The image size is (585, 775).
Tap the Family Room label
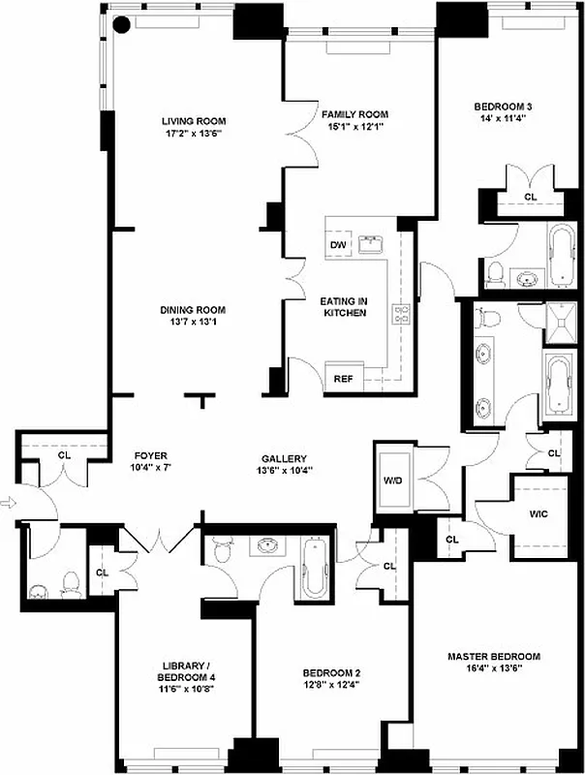click(354, 114)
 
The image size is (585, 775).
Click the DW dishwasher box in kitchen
click(338, 245)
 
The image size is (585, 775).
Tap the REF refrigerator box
click(343, 378)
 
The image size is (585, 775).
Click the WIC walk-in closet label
click(539, 513)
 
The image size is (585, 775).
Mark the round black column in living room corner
click(123, 26)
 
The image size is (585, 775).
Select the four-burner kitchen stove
click(401, 313)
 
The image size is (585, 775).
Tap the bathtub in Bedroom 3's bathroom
click(561, 256)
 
